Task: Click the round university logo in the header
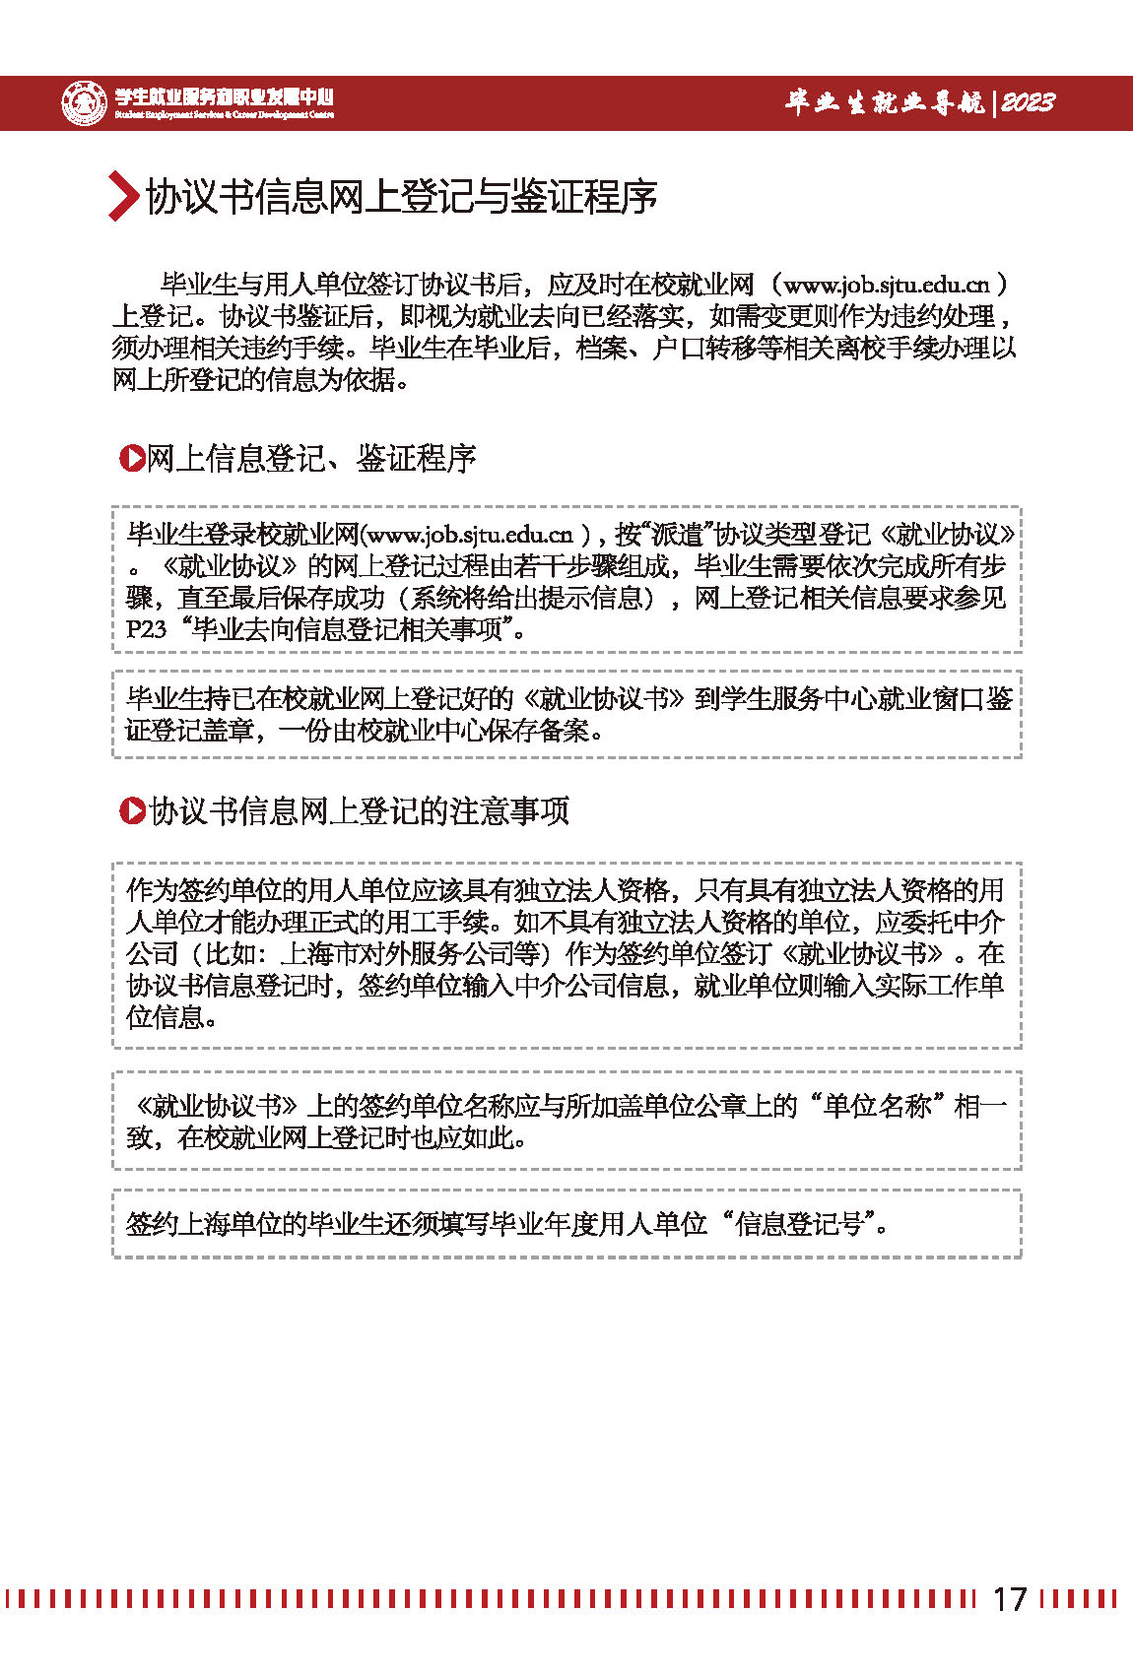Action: (84, 102)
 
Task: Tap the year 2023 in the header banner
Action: (1027, 102)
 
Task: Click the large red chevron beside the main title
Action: (122, 196)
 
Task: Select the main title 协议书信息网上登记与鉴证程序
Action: (401, 197)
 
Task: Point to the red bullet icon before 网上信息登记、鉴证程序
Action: (131, 458)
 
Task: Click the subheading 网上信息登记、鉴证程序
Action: (311, 459)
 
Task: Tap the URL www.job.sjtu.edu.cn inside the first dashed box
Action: (469, 535)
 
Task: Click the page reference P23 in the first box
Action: (147, 629)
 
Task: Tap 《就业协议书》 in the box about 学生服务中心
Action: (602, 699)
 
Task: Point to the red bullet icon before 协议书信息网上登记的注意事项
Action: (131, 810)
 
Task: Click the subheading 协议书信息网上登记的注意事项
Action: (360, 811)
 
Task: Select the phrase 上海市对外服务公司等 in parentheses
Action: (411, 954)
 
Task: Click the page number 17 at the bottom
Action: (1009, 1598)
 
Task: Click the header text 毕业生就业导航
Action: (884, 102)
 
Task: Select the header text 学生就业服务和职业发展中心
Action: (225, 97)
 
